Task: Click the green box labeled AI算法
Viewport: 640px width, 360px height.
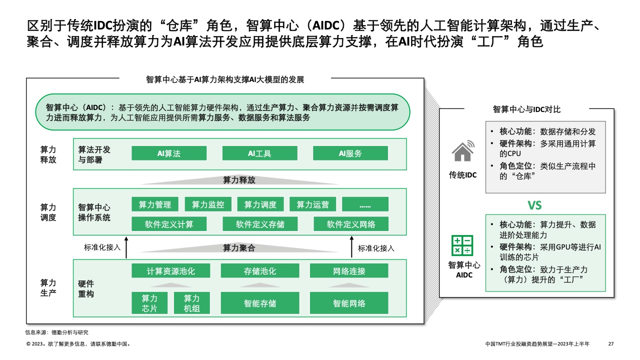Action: pos(169,153)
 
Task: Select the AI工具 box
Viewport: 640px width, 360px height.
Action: pos(259,153)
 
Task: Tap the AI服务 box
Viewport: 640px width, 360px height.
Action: pos(350,153)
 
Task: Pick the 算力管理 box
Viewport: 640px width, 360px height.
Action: pos(155,204)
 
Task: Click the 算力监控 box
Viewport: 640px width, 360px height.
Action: pos(208,204)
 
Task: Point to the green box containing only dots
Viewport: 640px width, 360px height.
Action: pos(365,204)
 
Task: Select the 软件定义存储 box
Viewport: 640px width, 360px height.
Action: pos(260,224)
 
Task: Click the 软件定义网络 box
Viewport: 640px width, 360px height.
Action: pos(351,224)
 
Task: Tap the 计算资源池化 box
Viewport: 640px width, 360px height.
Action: pos(171,271)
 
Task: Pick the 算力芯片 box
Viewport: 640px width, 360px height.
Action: pos(149,303)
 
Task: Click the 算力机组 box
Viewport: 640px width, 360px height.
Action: pos(191,303)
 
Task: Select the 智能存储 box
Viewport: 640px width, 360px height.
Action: pos(260,303)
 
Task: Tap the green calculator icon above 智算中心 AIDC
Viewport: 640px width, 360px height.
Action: pos(462,245)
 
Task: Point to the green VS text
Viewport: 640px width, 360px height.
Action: pos(534,205)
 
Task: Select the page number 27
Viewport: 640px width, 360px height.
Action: pos(610,344)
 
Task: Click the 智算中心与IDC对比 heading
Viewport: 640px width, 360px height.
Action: pos(527,109)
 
